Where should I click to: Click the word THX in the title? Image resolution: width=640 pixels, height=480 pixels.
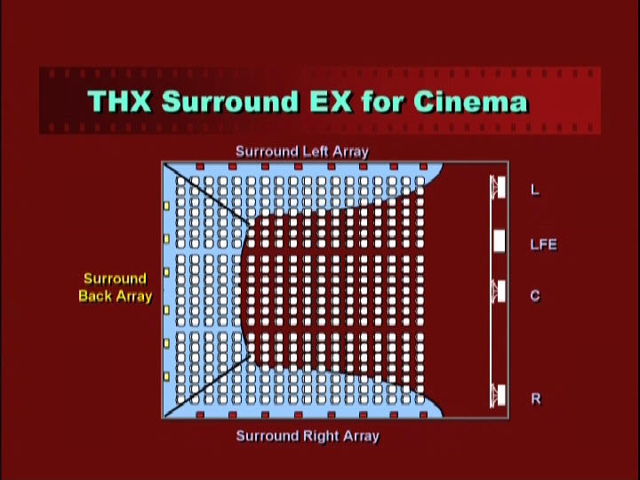(x=119, y=100)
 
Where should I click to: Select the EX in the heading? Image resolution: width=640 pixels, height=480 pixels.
(x=330, y=100)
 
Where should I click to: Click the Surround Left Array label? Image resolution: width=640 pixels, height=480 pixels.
(x=302, y=151)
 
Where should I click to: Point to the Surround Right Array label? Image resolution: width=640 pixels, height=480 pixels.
(x=308, y=436)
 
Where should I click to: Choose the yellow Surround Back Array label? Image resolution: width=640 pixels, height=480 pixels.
(x=115, y=287)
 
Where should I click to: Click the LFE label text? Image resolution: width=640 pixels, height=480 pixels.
(x=543, y=244)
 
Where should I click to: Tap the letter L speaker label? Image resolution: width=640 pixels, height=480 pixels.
(x=535, y=190)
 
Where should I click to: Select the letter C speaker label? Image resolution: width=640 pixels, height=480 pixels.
(x=535, y=295)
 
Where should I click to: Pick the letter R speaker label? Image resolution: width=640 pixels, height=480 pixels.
(x=536, y=398)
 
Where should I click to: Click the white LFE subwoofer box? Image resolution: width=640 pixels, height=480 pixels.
(x=500, y=241)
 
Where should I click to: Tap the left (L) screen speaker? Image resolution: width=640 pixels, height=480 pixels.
(x=499, y=187)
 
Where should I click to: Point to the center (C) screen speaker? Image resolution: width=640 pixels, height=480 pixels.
(x=499, y=291)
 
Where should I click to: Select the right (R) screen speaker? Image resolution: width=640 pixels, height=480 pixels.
(x=499, y=395)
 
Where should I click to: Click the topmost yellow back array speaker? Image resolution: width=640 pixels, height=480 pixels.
(x=166, y=205)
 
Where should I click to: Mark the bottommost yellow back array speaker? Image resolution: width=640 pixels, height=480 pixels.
(x=166, y=376)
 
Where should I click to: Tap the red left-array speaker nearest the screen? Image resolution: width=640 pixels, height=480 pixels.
(x=423, y=166)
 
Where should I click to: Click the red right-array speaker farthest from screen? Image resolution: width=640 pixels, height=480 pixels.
(x=200, y=415)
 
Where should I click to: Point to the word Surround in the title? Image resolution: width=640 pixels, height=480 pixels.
(x=230, y=100)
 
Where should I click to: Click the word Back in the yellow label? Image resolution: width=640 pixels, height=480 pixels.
(x=95, y=296)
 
